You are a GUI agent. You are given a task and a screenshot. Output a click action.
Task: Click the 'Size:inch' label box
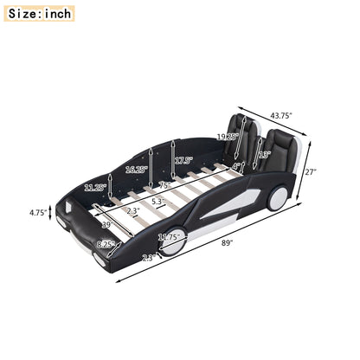[x=38, y=14]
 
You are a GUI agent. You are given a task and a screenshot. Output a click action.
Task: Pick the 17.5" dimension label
[x=183, y=160]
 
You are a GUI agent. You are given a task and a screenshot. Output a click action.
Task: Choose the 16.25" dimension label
[x=135, y=170]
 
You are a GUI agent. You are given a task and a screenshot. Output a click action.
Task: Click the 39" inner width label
[x=106, y=225]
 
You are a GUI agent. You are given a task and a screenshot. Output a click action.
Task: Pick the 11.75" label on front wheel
[x=169, y=237]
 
